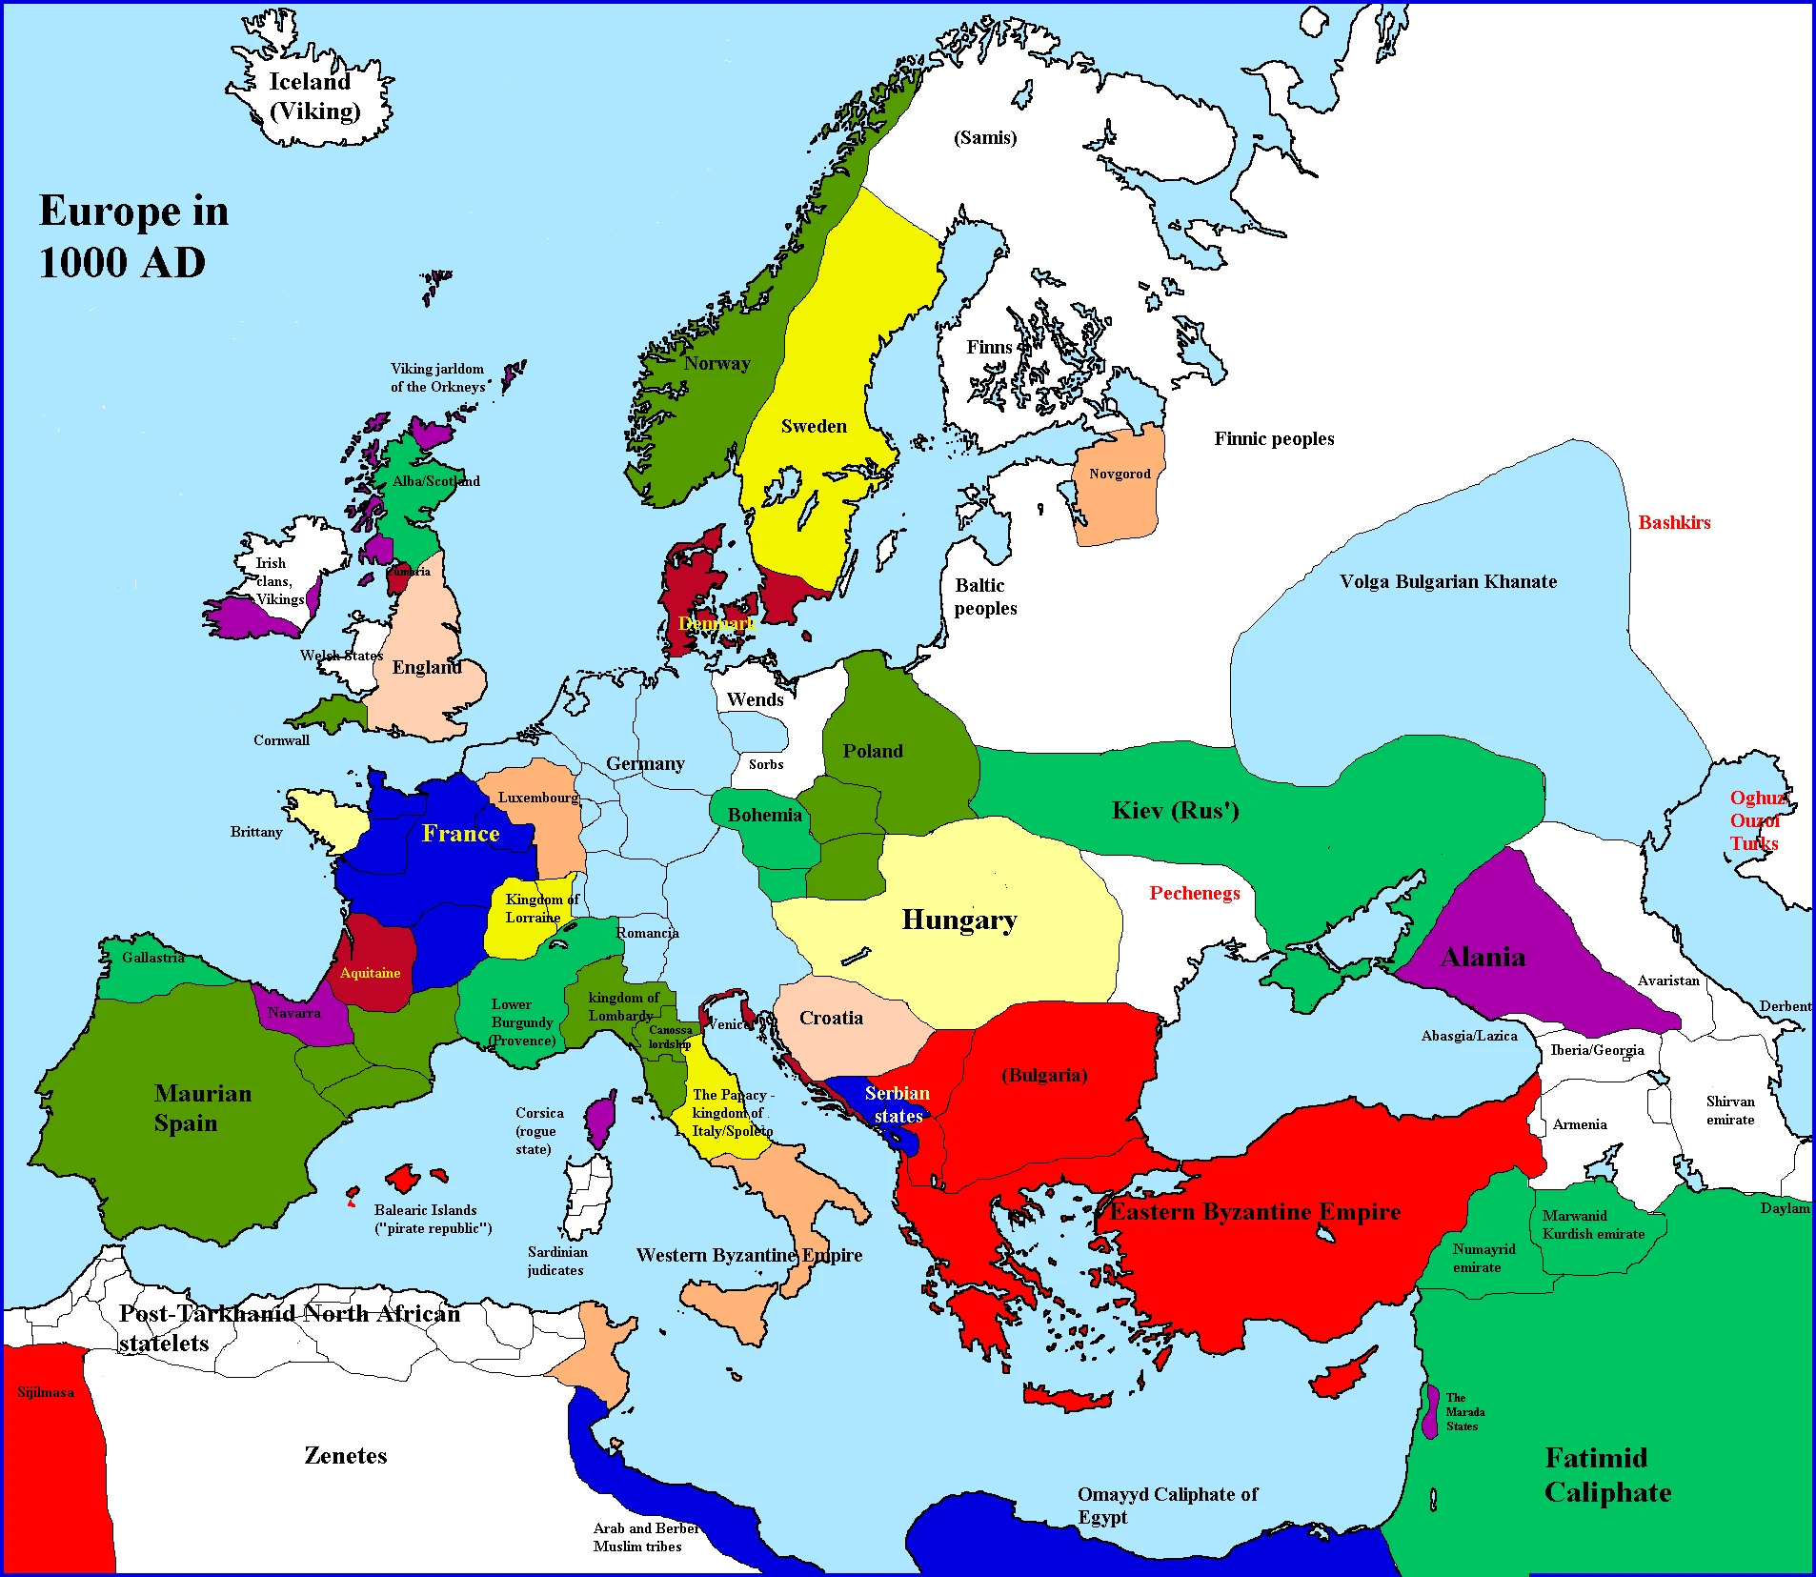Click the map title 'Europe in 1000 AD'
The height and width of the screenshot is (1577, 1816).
coord(133,236)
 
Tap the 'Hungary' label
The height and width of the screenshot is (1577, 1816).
coord(958,920)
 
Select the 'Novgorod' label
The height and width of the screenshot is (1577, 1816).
coord(1120,474)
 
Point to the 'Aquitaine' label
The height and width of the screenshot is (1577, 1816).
coord(370,973)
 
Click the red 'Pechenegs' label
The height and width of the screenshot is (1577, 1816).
coord(1194,893)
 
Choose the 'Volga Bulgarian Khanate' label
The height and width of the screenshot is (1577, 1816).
coord(1447,581)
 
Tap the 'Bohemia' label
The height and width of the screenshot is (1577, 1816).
coord(764,815)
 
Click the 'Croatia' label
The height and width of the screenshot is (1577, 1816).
coord(831,1018)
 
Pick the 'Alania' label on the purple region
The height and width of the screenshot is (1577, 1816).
coord(1483,957)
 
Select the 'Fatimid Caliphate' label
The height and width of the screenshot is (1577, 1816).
coord(1607,1474)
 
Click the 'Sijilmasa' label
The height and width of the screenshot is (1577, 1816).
coord(46,1392)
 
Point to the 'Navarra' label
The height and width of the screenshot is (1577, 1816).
coord(293,1012)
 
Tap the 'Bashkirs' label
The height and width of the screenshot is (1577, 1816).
coord(1674,522)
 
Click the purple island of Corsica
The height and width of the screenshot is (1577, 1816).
coord(600,1122)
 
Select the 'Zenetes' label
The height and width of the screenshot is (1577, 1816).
coord(345,1455)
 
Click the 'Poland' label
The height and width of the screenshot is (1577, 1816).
coord(873,751)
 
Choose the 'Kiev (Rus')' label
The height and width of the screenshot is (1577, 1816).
coord(1175,811)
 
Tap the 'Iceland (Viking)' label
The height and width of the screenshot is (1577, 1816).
coord(313,96)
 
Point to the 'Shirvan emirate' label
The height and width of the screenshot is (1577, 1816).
coord(1729,1110)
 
